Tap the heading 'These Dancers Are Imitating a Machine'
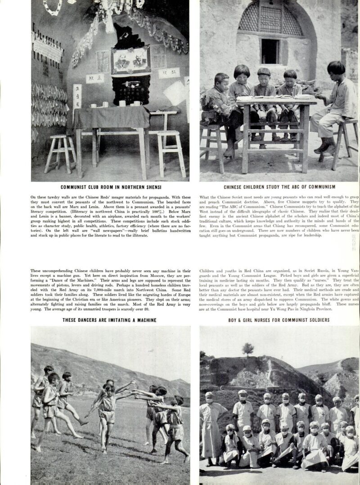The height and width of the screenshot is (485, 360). [110, 320]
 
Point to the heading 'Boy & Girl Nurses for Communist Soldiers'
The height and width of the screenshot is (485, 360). [279, 320]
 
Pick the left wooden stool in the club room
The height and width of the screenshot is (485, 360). [60, 153]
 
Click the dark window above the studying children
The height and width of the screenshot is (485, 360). [270, 51]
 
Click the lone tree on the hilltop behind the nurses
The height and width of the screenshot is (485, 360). [247, 348]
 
